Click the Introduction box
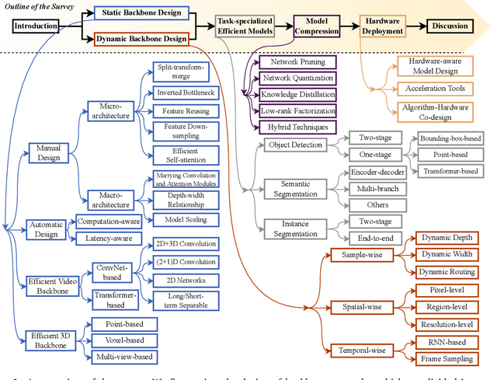(36, 26)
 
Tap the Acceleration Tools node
(439, 89)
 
